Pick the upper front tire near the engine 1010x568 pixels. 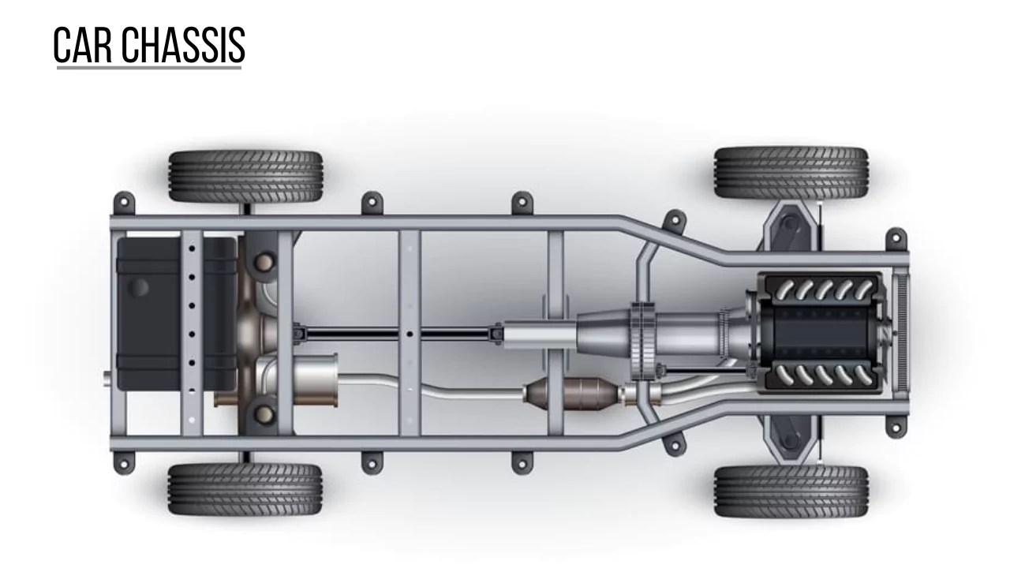[791, 172]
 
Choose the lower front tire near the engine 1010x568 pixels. [791, 491]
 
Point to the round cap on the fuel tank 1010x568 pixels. [140, 286]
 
